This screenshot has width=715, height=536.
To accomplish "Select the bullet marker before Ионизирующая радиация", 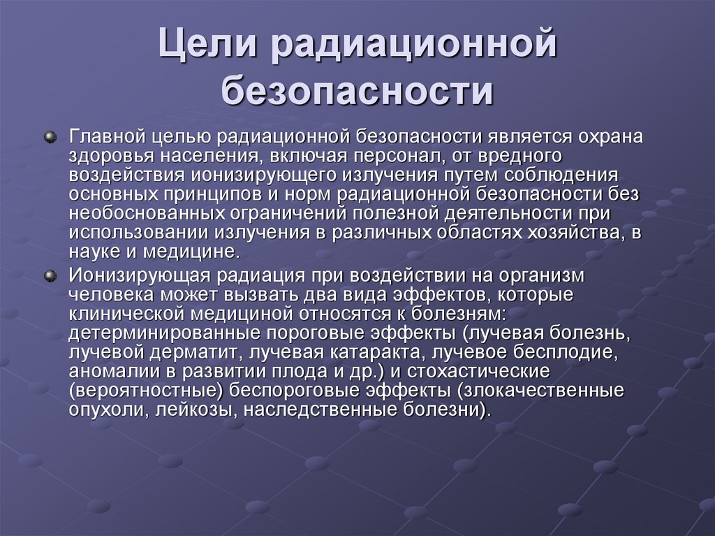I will (x=50, y=276).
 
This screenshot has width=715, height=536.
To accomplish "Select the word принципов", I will (x=219, y=194).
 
